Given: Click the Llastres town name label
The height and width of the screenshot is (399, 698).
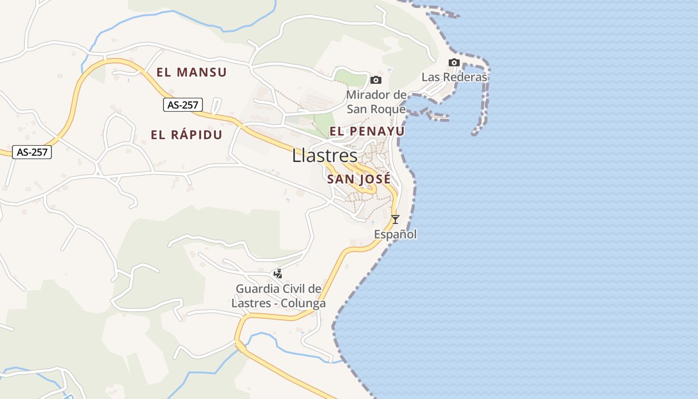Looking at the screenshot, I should [x=325, y=156].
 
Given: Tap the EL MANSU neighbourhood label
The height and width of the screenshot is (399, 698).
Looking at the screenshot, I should [x=191, y=72].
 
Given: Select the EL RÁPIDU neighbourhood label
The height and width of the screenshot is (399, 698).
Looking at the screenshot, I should [x=186, y=135].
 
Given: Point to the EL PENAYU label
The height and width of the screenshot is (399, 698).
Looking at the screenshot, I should [x=367, y=131].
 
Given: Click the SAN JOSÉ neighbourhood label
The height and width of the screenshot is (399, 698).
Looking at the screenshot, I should [x=359, y=180].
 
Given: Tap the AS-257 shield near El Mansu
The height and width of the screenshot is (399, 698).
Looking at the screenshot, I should [x=183, y=105].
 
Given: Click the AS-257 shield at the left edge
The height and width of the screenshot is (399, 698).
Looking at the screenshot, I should [x=32, y=152].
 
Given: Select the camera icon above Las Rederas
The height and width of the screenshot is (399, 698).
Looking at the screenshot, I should [x=454, y=63].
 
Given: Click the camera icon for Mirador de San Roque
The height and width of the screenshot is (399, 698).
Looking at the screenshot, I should [x=376, y=80].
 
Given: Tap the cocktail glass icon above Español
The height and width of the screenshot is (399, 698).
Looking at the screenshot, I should [x=395, y=219].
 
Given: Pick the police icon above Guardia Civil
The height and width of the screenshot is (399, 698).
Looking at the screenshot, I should [x=278, y=273].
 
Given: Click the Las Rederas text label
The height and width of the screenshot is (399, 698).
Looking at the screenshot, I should [x=454, y=77].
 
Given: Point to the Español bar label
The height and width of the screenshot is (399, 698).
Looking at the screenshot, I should [x=395, y=234].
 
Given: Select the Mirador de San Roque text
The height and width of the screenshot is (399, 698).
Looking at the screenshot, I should [x=376, y=102].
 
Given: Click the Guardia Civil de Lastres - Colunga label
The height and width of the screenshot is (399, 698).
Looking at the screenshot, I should [x=279, y=296].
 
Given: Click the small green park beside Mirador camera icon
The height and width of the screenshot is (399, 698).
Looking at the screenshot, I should [x=350, y=77].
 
